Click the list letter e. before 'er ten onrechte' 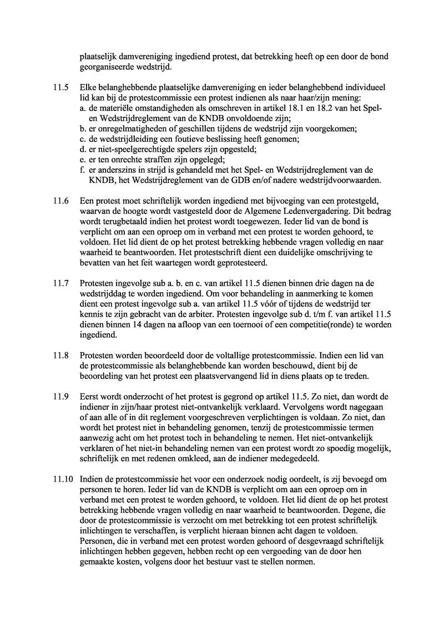[x=83, y=160]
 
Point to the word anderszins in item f [x=118, y=171]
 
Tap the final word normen [x=300, y=562]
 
